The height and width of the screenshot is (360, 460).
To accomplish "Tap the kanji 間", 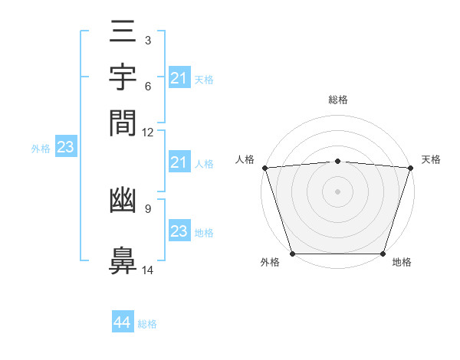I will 123,122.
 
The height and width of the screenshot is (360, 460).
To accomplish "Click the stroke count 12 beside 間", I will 148,133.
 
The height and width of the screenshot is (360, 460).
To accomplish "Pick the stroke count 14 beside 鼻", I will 148,270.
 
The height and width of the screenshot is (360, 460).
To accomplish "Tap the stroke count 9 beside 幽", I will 147,208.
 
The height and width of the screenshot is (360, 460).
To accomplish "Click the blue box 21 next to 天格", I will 179,78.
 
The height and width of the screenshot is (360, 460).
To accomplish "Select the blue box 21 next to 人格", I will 179,162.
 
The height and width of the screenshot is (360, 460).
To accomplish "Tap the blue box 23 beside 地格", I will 179,231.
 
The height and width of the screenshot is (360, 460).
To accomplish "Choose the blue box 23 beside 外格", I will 65,147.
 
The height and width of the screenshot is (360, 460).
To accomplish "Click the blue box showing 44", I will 122,322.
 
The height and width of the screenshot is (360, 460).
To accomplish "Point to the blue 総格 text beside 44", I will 147,324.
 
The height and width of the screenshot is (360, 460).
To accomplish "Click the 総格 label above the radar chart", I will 337,100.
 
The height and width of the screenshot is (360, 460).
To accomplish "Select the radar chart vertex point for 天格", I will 411,168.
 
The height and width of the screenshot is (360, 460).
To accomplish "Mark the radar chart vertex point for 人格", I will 264,168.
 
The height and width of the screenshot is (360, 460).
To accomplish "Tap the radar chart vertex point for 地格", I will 383,254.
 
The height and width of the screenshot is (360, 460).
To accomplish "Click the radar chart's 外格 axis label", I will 270,263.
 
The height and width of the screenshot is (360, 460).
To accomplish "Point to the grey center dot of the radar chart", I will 337,191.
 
